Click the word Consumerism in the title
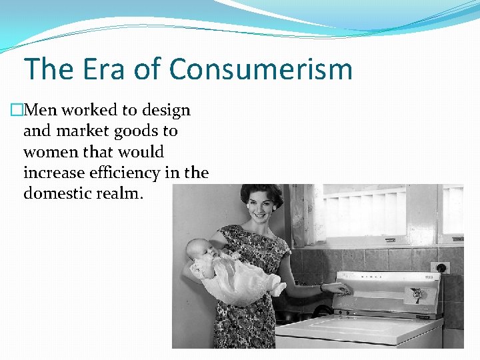[261, 69]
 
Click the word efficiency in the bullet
[125, 173]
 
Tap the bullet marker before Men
[17, 111]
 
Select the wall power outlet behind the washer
[440, 267]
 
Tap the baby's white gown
[240, 280]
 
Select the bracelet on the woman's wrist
[322, 288]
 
